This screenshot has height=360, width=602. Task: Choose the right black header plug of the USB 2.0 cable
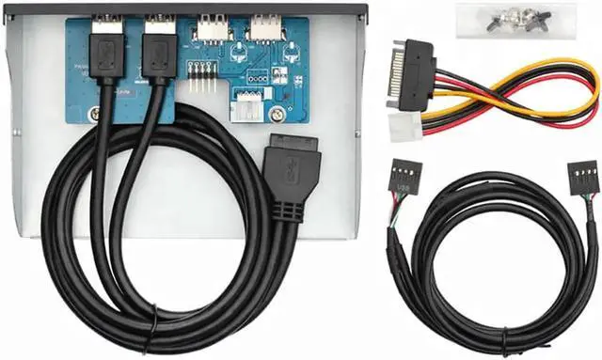(x=581, y=183)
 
